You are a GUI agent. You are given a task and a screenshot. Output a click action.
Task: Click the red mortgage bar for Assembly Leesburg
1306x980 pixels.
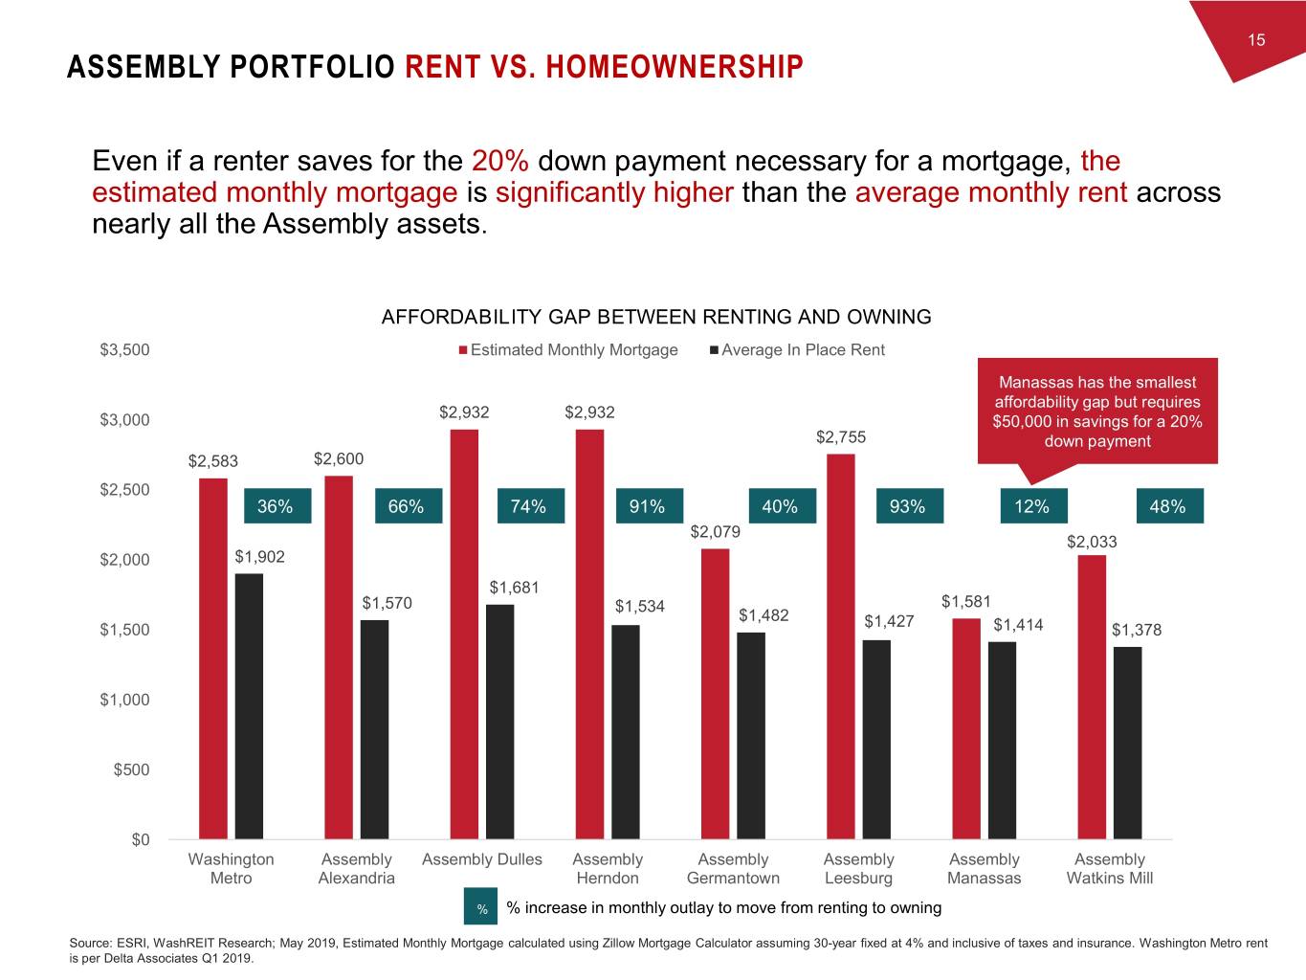click(841, 646)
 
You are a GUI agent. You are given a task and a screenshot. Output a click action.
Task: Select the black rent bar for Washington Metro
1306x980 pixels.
click(249, 706)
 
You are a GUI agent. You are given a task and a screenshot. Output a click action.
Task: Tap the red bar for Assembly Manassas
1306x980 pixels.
click(966, 728)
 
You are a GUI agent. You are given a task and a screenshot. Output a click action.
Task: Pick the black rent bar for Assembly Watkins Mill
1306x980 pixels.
click(1127, 743)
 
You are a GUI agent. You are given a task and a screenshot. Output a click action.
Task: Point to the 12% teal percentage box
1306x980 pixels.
click(1032, 506)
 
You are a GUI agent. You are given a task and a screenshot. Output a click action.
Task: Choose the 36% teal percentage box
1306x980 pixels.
click(277, 506)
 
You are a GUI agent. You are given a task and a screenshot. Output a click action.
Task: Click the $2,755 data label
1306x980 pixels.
click(841, 437)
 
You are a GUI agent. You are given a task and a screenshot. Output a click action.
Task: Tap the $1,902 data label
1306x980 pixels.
click(259, 557)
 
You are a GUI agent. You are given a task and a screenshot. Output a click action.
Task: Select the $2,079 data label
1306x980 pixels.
click(715, 532)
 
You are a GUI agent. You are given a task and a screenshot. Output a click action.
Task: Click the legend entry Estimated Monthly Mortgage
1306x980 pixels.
click(573, 350)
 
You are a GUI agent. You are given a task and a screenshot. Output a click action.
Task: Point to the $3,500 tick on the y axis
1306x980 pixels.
click(125, 350)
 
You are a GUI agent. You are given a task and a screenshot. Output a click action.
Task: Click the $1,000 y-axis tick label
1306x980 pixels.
click(125, 700)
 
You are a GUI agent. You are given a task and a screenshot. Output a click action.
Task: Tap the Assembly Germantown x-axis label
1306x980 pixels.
click(733, 869)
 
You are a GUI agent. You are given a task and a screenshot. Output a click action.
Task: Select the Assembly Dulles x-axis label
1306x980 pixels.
click(482, 859)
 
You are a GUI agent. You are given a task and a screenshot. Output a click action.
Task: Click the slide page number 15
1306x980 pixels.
click(1256, 39)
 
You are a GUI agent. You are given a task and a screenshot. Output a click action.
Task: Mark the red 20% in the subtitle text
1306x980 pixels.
click(495, 161)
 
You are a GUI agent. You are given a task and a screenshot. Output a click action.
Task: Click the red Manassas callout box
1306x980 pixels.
click(1096, 412)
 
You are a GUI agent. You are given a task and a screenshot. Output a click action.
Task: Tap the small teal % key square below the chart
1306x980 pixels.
click(482, 908)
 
